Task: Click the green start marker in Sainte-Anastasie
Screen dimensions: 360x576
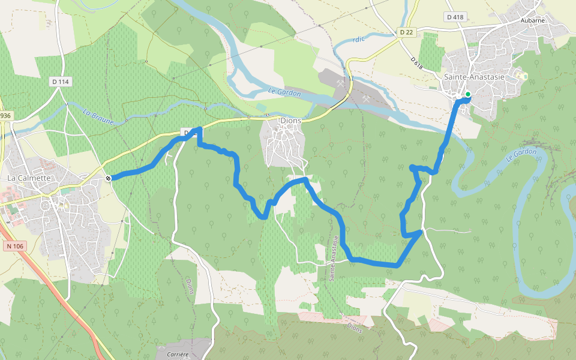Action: [x=467, y=94]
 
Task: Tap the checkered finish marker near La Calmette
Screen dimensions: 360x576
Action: [x=108, y=178]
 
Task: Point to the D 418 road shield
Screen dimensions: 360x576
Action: [x=455, y=17]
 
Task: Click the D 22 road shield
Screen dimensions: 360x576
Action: [x=407, y=31]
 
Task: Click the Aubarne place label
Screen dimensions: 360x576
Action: [x=532, y=20]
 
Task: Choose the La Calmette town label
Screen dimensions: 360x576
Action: [x=29, y=178]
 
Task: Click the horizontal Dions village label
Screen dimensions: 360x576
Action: [x=290, y=121]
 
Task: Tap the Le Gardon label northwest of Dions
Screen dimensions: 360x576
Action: [x=284, y=92]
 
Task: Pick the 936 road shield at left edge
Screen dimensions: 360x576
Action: [x=5, y=115]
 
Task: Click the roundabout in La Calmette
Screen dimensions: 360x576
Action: [x=46, y=205]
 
